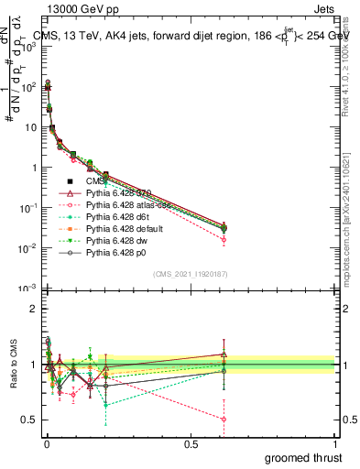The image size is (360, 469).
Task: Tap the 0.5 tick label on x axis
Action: tap(190, 444)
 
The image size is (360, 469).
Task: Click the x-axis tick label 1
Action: tap(334, 444)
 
